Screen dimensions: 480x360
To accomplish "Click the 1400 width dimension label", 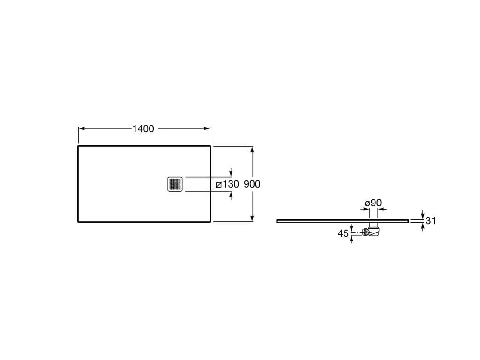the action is coord(143,129).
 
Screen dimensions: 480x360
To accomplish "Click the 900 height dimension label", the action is coord(252,184).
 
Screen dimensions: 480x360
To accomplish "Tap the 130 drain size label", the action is coord(231,184).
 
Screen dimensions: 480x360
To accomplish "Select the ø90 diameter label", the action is coord(373,203).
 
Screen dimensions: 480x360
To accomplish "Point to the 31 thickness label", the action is coord(430,221).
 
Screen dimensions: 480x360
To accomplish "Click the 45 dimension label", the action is coord(343,233).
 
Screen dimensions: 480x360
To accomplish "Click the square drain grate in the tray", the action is coord(175,184).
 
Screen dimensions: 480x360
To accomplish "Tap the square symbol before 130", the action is coord(218,185).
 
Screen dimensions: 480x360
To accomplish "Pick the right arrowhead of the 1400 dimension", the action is coord(207,128).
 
